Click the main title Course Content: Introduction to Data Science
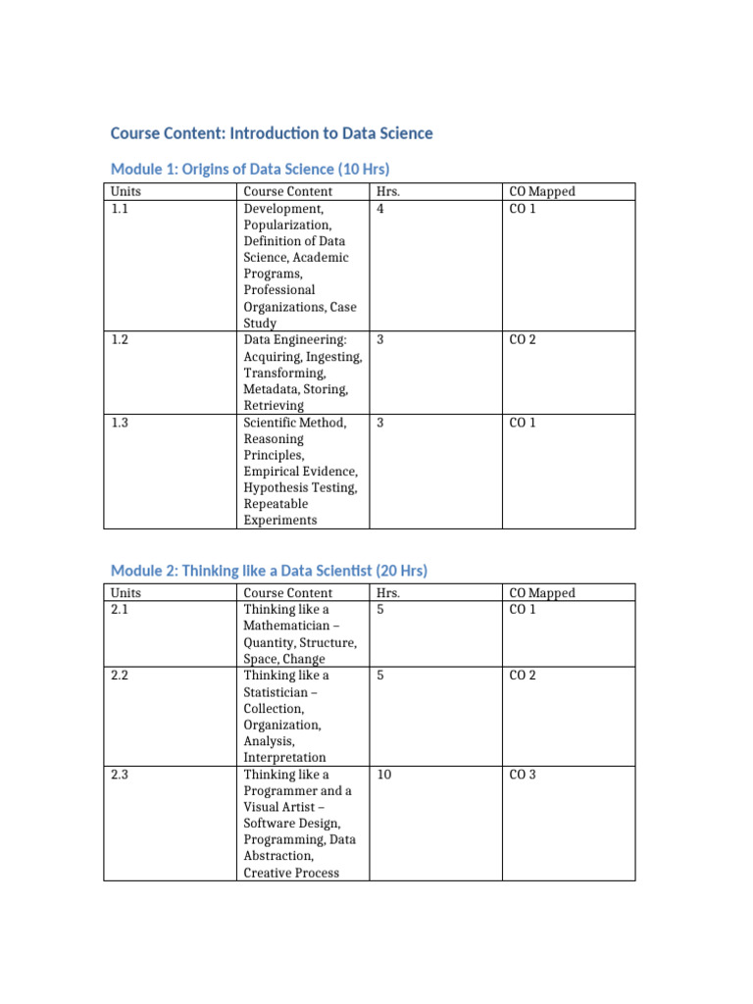(x=272, y=132)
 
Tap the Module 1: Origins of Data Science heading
(x=257, y=169)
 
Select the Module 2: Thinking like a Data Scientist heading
(x=269, y=571)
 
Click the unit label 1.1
(x=120, y=208)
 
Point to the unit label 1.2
(x=120, y=339)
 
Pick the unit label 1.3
(x=120, y=423)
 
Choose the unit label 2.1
(x=120, y=609)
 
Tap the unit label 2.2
(x=120, y=676)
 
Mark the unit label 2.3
(x=120, y=775)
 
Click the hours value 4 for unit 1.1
(x=380, y=208)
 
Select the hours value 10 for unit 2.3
(x=384, y=775)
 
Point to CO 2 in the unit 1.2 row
(x=523, y=339)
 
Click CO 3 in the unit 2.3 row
(x=523, y=775)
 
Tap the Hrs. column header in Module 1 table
(x=388, y=191)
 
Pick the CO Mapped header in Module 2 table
(x=542, y=592)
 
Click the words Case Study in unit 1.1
(x=300, y=315)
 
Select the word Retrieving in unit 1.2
(x=274, y=405)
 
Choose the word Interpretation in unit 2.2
(x=285, y=758)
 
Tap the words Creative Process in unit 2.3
(x=291, y=873)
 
